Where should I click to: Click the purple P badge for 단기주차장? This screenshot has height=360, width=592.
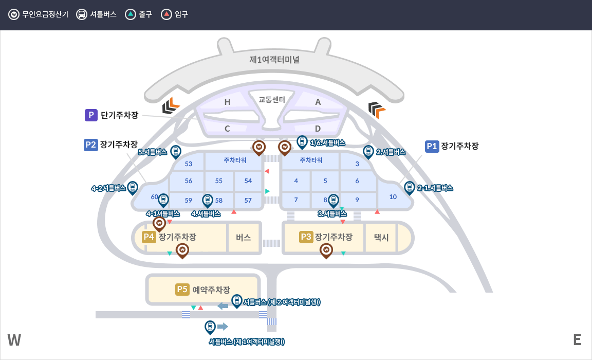[91, 115]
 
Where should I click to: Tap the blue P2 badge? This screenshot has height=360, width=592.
[90, 145]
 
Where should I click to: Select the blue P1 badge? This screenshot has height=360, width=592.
[432, 146]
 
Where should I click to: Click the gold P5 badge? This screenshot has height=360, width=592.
[182, 290]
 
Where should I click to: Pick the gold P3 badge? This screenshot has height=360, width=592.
[306, 237]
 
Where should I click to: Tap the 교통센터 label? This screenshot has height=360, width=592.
[272, 99]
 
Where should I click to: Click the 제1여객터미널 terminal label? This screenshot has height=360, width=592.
[274, 60]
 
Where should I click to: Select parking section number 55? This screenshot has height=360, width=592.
[219, 181]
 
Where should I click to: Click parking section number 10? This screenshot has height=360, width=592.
[393, 196]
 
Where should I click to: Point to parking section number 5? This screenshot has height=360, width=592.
[325, 181]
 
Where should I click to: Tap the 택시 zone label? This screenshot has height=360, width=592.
[381, 238]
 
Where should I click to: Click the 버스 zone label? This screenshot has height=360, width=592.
[244, 238]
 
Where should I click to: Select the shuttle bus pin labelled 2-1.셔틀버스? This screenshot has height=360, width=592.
[410, 188]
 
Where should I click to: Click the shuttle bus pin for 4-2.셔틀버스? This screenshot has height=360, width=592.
[133, 188]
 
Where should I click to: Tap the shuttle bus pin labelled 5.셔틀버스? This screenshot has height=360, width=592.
[176, 151]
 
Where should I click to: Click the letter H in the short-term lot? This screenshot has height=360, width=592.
[227, 102]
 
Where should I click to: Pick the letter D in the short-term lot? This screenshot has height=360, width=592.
[318, 129]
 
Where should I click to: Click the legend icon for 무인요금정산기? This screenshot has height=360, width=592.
[14, 14]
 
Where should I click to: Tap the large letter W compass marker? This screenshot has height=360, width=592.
[14, 340]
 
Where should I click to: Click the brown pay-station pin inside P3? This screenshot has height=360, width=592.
[326, 250]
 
